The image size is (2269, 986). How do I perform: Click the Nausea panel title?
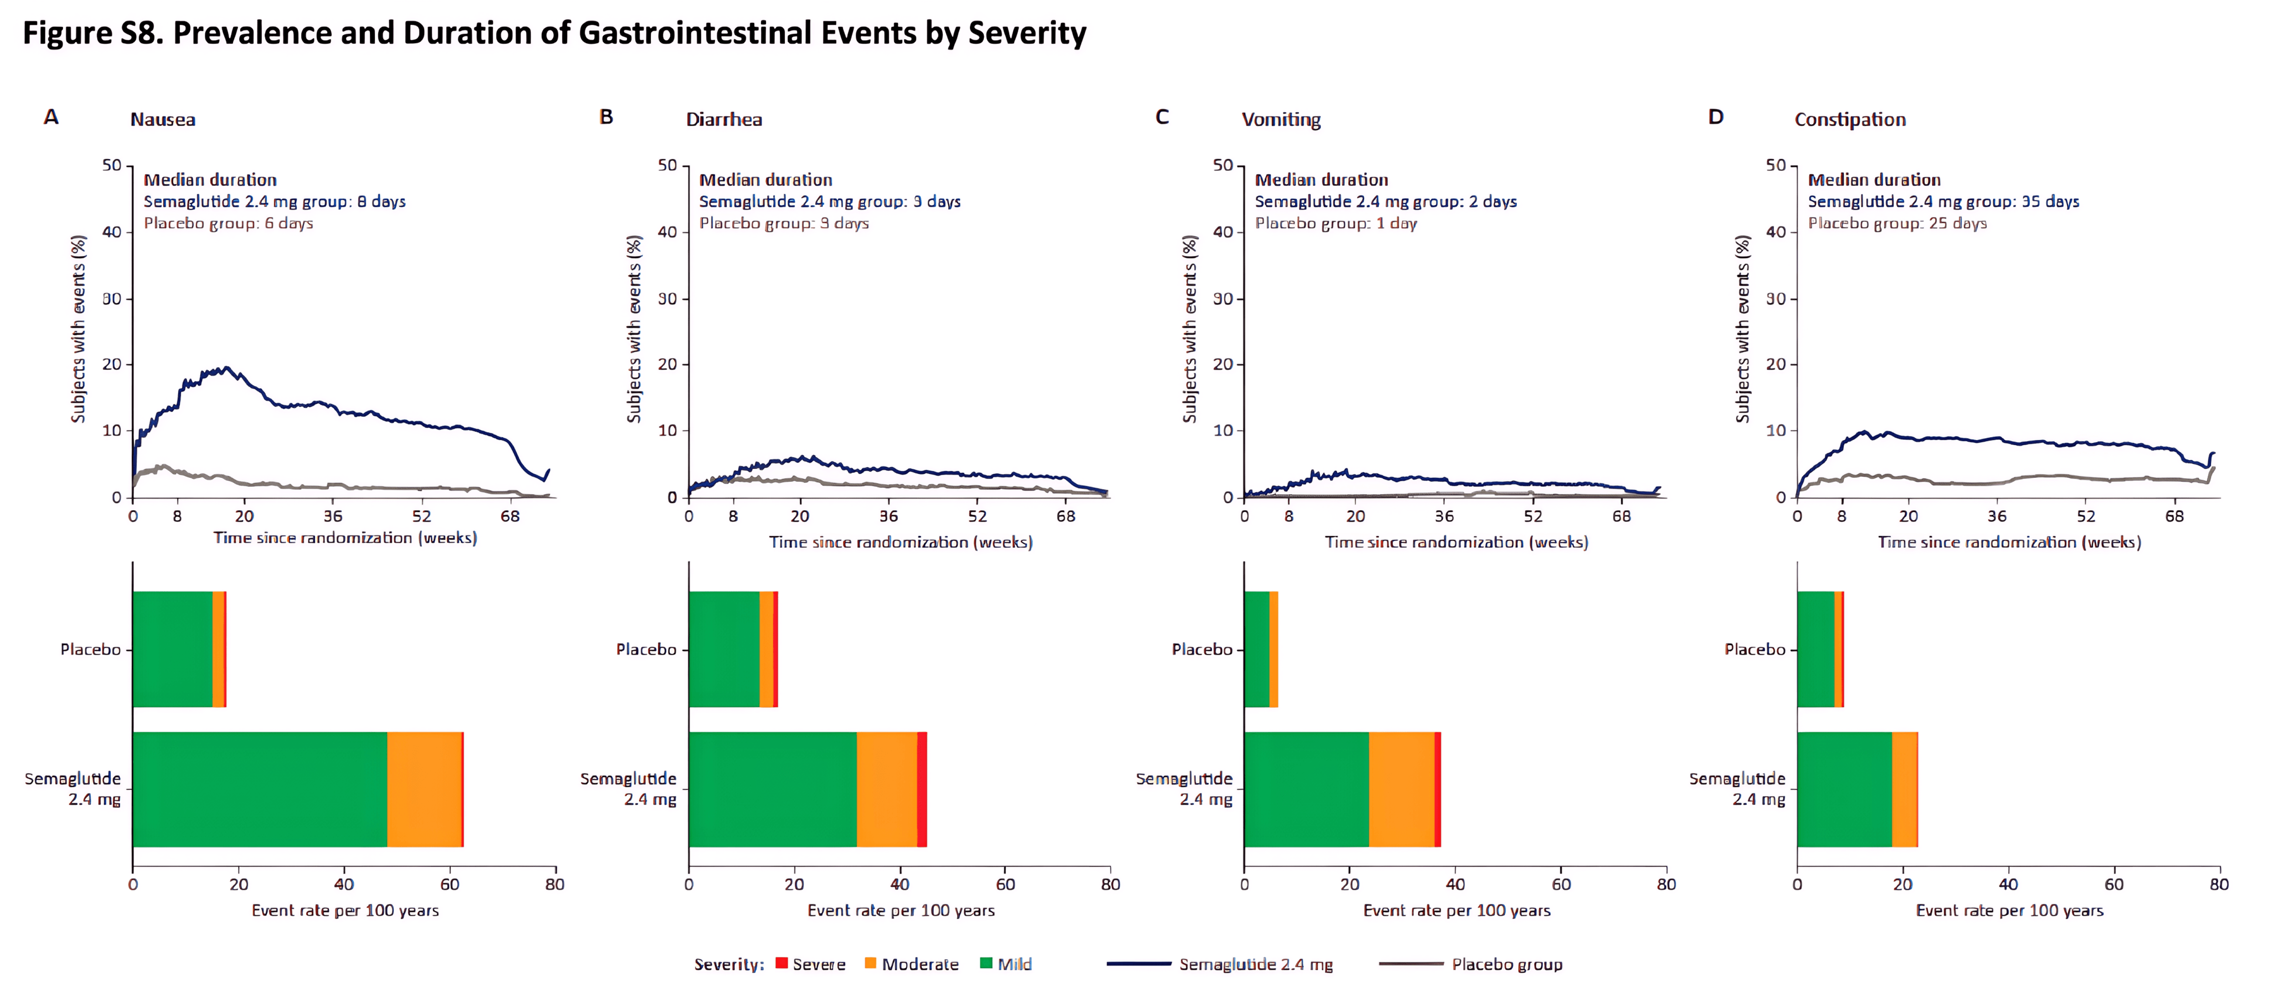pos(163,119)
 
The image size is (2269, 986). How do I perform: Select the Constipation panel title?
pos(1850,119)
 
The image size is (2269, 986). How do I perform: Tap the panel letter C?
pos(1162,117)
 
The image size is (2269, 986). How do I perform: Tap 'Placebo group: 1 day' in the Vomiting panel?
pos(1335,223)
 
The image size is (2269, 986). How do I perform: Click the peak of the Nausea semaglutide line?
pos(227,367)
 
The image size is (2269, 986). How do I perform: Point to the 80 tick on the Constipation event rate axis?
pos(2219,884)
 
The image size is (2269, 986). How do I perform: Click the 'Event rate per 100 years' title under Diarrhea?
pos(901,910)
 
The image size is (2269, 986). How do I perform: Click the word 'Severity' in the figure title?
pos(1027,34)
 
